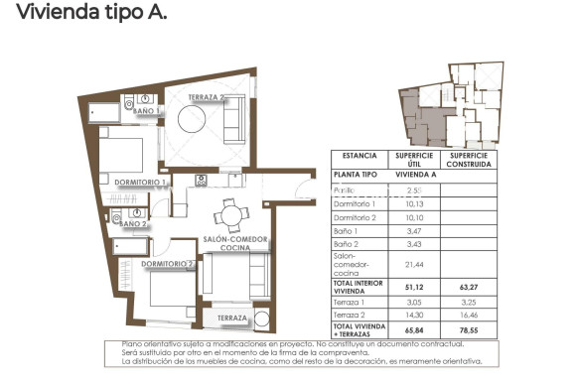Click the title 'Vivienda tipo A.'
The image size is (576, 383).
[83, 13]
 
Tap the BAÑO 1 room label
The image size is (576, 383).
[146, 112]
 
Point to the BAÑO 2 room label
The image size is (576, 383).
[132, 224]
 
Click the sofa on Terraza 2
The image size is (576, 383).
[235, 122]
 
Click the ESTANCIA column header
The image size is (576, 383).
[360, 156]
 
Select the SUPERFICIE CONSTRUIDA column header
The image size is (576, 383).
[470, 160]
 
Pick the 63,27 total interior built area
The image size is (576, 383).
[470, 288]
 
